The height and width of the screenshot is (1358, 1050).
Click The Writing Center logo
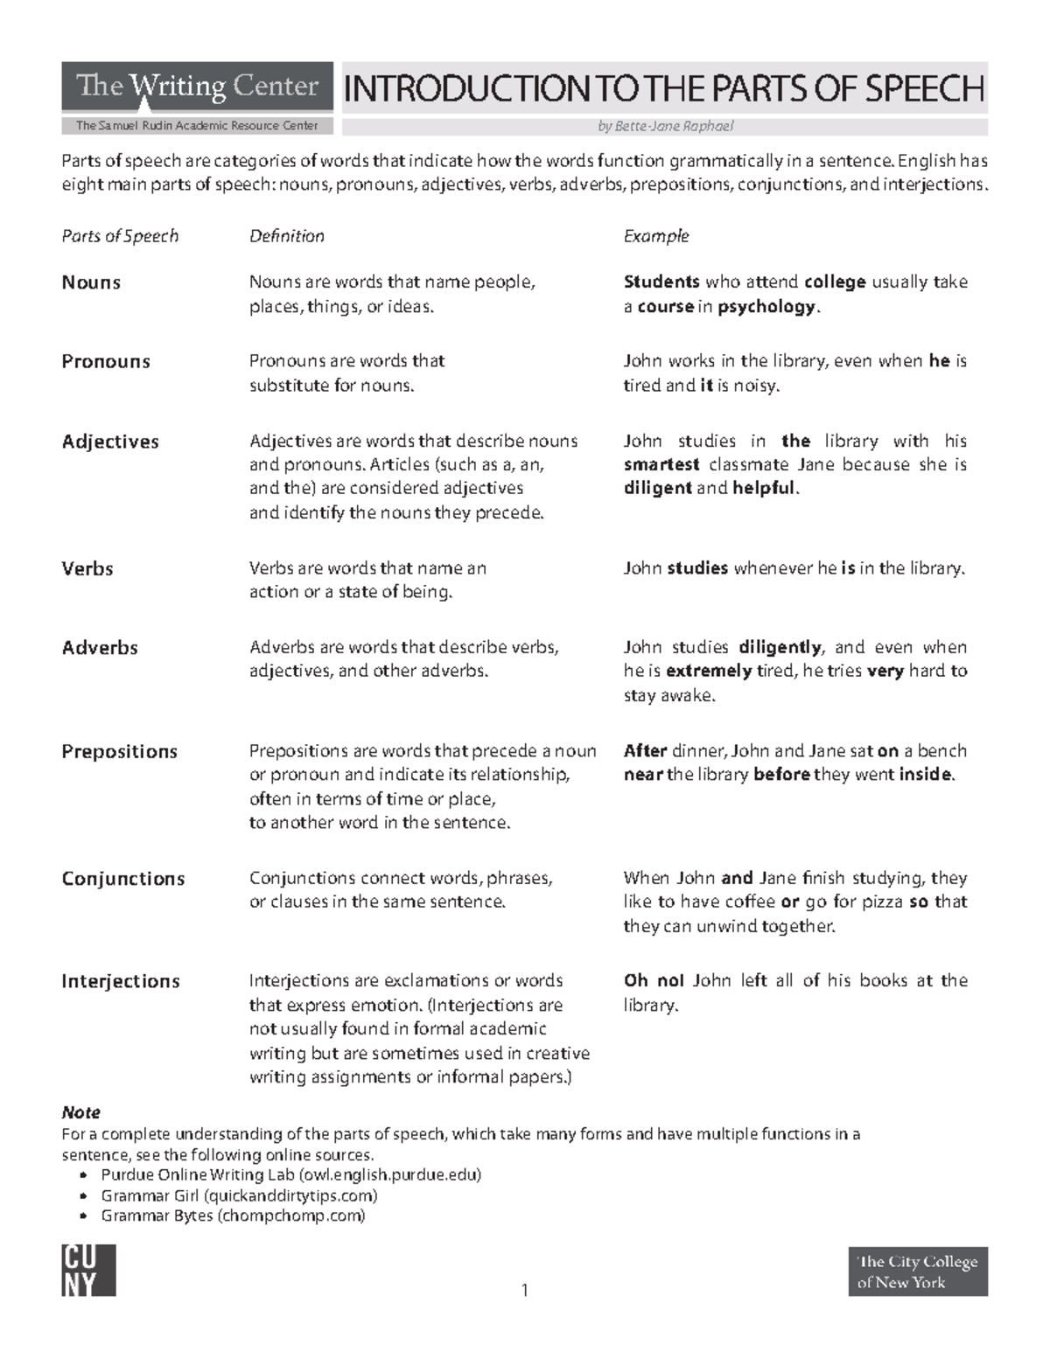(x=197, y=87)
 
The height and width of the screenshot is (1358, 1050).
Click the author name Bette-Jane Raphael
(x=665, y=126)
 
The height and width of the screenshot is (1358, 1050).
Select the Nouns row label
(x=91, y=282)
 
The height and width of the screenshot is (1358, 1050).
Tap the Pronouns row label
(x=106, y=362)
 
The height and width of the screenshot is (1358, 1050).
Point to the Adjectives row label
(x=110, y=442)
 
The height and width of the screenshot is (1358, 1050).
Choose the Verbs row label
(x=87, y=568)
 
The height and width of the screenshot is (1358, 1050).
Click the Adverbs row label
(x=100, y=648)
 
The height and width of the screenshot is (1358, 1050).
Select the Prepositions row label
(x=119, y=752)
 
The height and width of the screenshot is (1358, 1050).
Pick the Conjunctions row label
(x=123, y=879)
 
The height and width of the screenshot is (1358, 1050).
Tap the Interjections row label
(x=121, y=981)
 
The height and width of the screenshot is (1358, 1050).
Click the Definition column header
(x=287, y=236)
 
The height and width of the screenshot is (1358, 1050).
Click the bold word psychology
(x=766, y=307)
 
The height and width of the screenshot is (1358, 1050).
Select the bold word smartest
(x=661, y=465)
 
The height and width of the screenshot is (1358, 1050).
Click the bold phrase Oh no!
(x=654, y=981)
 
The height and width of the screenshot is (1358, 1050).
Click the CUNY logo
(x=88, y=1271)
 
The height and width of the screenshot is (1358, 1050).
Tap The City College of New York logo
(x=918, y=1271)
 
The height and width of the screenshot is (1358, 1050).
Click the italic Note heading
(x=80, y=1112)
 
